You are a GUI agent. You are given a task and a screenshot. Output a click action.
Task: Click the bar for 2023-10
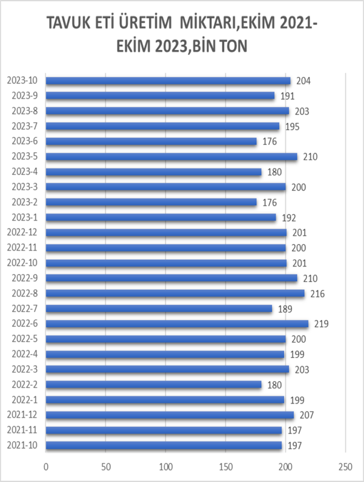click(x=168, y=81)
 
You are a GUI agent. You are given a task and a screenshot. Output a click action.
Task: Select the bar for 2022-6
click(x=177, y=324)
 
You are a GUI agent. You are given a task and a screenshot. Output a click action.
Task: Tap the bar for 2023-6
click(x=151, y=142)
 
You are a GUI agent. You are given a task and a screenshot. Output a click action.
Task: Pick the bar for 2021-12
click(x=170, y=415)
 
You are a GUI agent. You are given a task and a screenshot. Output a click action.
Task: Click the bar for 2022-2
click(x=153, y=385)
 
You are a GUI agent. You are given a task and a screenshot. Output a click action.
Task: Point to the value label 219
click(x=322, y=324)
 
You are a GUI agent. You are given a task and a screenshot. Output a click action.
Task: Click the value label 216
click(x=318, y=294)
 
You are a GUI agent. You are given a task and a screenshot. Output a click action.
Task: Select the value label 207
click(x=307, y=415)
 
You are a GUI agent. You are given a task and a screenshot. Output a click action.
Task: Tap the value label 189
click(x=285, y=309)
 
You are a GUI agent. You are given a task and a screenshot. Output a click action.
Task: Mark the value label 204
click(x=304, y=81)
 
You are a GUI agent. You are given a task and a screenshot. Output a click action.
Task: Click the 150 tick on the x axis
click(x=226, y=466)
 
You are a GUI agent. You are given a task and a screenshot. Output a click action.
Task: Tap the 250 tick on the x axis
click(x=345, y=466)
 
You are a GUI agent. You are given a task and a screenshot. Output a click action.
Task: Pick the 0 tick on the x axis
click(x=46, y=466)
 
